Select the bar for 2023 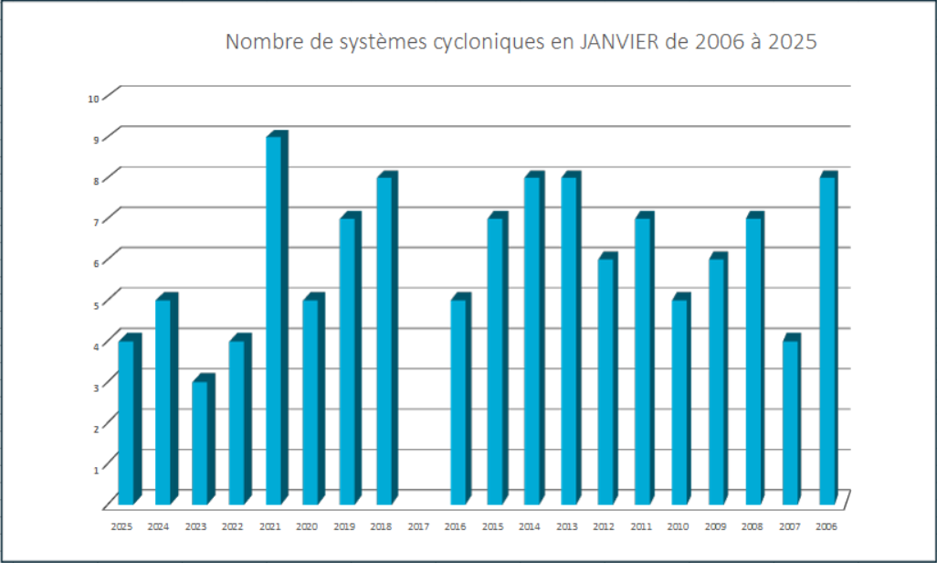point(200,442)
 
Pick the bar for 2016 point(458,401)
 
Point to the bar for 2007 point(791,422)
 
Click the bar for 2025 point(126,422)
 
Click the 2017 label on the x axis point(418,527)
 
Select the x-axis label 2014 point(530,527)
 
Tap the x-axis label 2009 point(716,527)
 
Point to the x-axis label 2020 point(307,527)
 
